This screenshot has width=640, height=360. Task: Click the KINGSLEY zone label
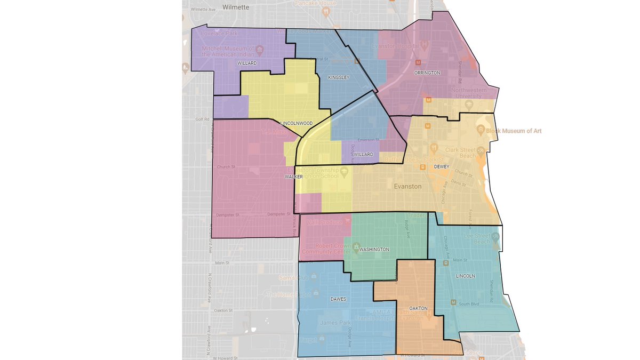[338, 78]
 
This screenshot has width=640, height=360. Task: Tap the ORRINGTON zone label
[428, 73]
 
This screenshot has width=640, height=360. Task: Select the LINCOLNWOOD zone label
[297, 123]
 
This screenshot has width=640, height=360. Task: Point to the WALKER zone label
[293, 176]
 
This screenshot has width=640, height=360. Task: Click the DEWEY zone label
[442, 166]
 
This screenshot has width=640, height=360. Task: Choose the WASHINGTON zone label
[374, 249]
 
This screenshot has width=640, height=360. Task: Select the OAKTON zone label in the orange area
[419, 308]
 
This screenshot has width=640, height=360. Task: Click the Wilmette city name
[236, 7]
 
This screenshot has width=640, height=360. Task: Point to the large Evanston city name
[407, 187]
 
